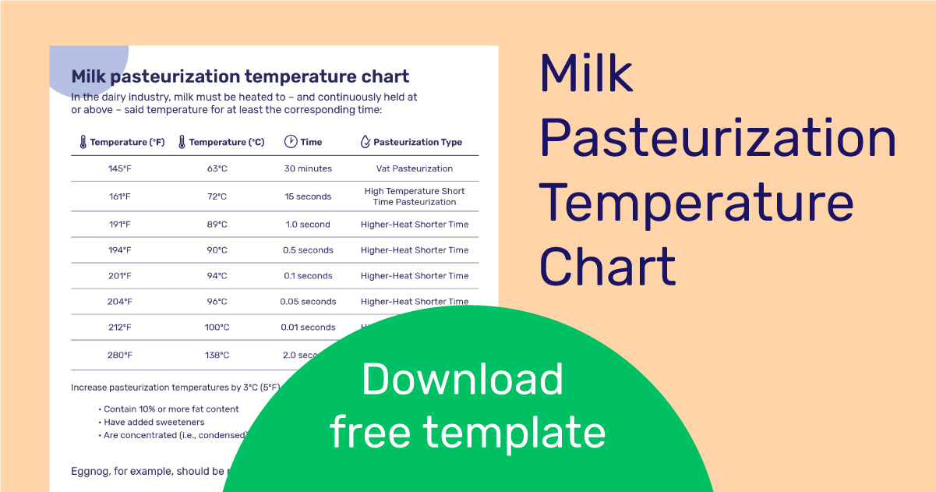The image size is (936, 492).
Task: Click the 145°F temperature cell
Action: coord(120,168)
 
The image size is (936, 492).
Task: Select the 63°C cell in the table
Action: coord(217,168)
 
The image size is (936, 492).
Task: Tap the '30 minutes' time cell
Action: coord(308,168)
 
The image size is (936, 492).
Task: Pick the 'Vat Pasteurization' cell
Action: coord(415,168)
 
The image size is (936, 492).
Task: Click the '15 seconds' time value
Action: coord(308,196)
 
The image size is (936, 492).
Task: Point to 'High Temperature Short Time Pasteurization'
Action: coord(415,196)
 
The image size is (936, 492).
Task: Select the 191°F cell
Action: coord(120,225)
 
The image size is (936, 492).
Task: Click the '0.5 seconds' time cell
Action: coord(308,250)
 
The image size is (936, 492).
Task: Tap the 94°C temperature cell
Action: coord(217,276)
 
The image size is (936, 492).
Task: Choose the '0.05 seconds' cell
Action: coord(308,302)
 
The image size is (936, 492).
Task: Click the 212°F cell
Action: coord(120,327)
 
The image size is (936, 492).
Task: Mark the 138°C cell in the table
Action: coord(217,356)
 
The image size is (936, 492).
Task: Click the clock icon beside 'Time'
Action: coord(290,142)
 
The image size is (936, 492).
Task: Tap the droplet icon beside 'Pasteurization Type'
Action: coord(365,142)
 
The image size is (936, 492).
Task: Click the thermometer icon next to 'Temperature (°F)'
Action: coord(82,142)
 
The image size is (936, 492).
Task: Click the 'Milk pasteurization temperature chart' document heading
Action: coord(240,76)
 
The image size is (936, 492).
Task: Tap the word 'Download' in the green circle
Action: coord(462,380)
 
